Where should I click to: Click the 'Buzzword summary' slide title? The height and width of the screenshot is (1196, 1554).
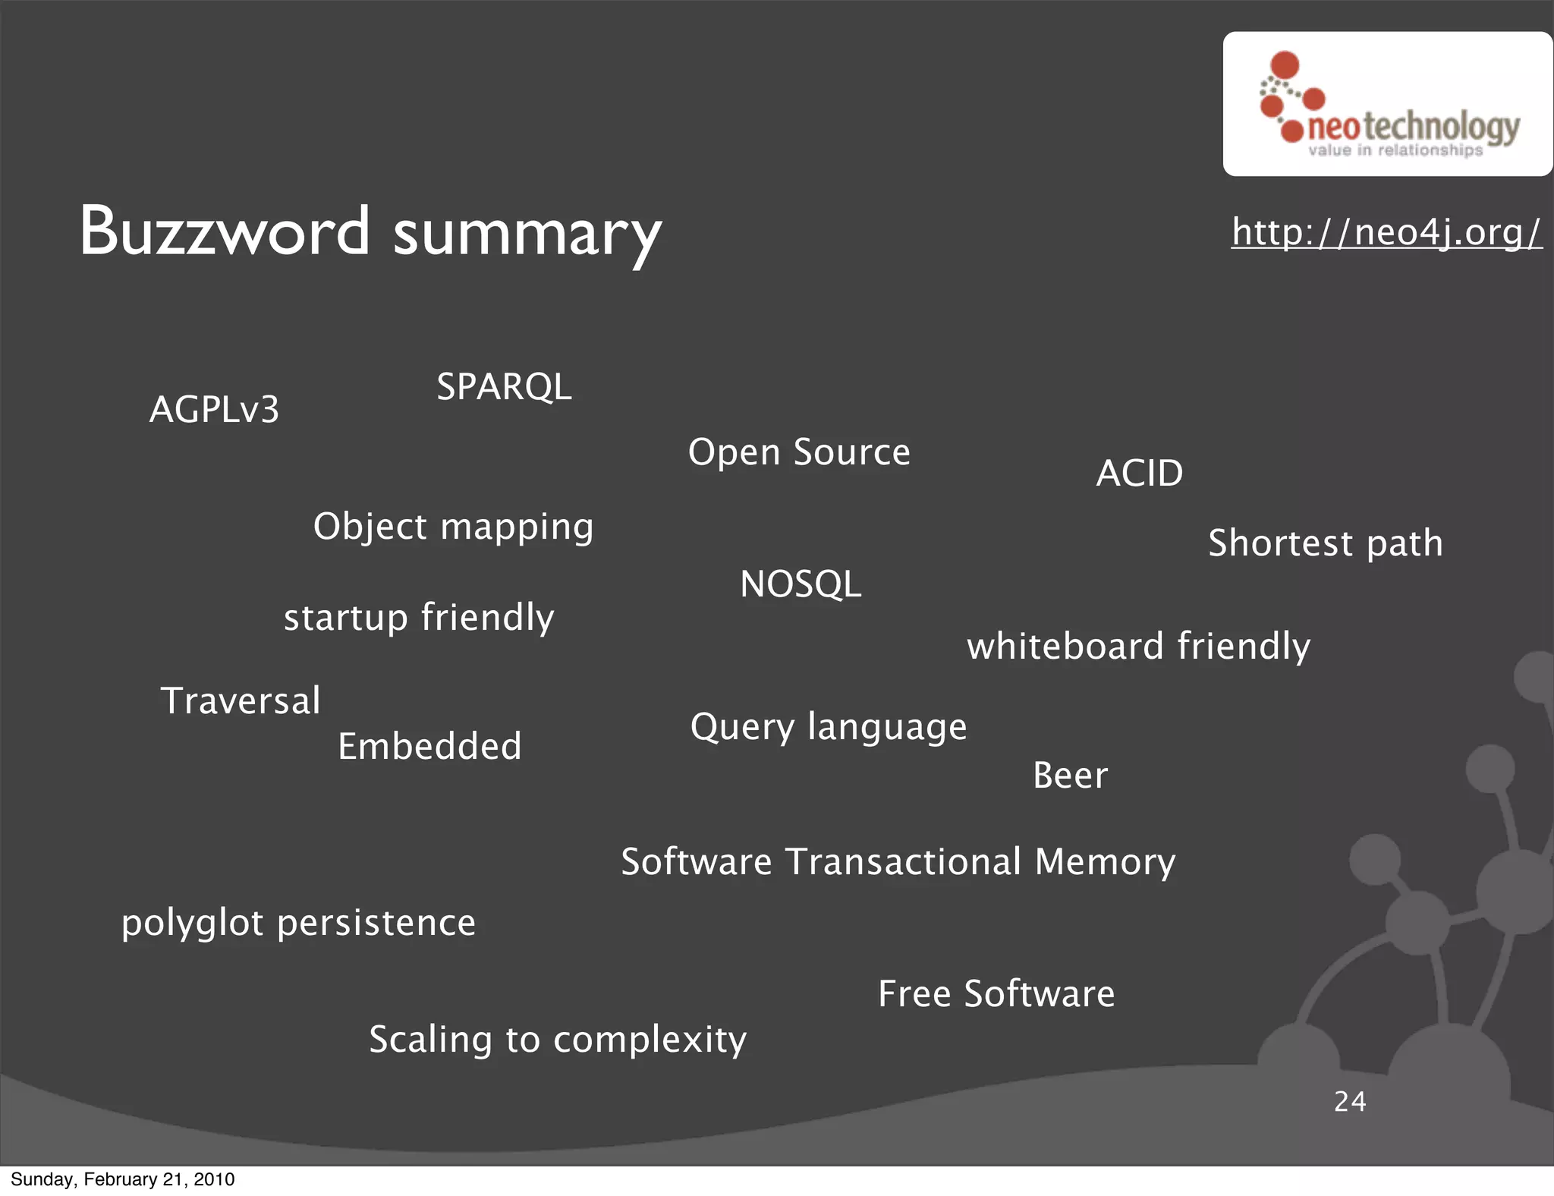[x=370, y=231]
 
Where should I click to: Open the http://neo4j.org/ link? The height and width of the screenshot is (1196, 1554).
[x=1386, y=231]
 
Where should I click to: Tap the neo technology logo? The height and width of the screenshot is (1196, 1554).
[x=1388, y=105]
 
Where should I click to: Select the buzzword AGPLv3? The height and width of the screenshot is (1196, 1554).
[x=215, y=410]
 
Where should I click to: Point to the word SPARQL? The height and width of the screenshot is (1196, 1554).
[x=504, y=387]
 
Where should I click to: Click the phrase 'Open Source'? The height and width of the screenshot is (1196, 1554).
[x=799, y=452]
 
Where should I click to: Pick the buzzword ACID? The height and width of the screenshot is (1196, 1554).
[x=1140, y=474]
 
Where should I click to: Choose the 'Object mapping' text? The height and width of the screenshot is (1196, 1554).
[x=453, y=527]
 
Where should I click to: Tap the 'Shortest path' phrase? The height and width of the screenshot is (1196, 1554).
[x=1325, y=543]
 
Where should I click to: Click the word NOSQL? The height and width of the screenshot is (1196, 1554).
[x=801, y=584]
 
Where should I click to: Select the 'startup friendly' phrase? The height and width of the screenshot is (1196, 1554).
[x=419, y=618]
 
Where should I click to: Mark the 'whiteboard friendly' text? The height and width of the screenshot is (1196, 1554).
[x=1138, y=647]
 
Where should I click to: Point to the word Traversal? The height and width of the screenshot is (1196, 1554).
[x=241, y=700]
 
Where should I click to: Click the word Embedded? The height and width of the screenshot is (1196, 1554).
[x=429, y=747]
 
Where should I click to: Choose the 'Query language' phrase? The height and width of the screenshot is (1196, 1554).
[x=829, y=727]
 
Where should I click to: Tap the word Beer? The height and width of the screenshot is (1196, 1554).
[x=1070, y=776]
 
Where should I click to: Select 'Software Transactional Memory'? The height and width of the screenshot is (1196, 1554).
[x=898, y=862]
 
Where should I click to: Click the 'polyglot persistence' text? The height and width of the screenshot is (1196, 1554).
[x=298, y=923]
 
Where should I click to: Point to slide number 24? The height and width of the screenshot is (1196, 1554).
[x=1350, y=1101]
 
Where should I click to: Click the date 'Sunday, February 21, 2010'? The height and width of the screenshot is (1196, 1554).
[x=123, y=1179]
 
